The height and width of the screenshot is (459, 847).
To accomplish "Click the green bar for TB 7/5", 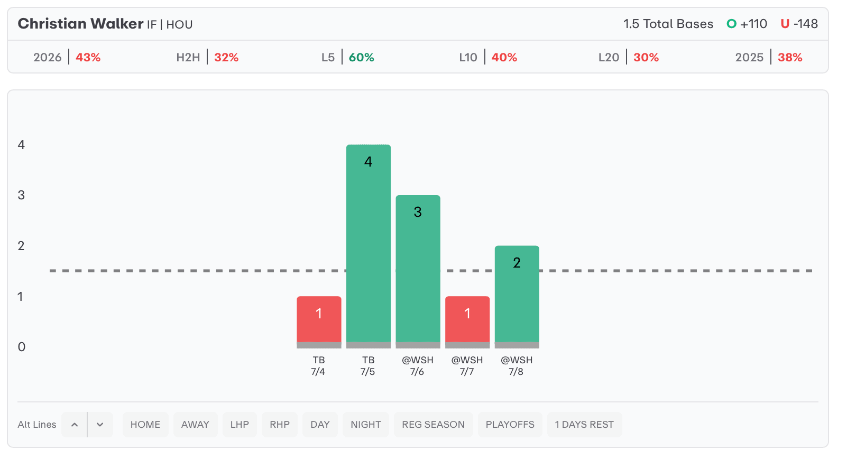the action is pyautogui.click(x=369, y=243).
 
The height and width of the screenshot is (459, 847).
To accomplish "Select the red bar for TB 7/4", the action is pyautogui.click(x=319, y=319).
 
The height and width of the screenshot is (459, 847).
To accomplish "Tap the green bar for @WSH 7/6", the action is pyautogui.click(x=418, y=269).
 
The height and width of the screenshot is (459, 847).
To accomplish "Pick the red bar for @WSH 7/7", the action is pyautogui.click(x=467, y=319).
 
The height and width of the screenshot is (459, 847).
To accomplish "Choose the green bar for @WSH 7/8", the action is pyautogui.click(x=517, y=294).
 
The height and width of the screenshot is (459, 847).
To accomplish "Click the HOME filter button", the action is pyautogui.click(x=145, y=425).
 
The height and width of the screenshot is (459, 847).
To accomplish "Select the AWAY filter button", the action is pyautogui.click(x=195, y=425).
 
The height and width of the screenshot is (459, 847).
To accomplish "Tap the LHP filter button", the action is pyautogui.click(x=240, y=425).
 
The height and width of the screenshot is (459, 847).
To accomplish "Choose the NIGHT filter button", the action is pyautogui.click(x=366, y=425).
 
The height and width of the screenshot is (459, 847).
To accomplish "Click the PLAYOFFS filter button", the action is pyautogui.click(x=510, y=425).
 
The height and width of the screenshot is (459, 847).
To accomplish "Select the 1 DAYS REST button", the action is pyautogui.click(x=584, y=425).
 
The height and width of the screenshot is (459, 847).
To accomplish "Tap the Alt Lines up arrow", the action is pyautogui.click(x=75, y=425).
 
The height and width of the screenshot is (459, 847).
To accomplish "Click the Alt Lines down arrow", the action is pyautogui.click(x=100, y=425).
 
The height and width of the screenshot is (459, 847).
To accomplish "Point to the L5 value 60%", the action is pyautogui.click(x=362, y=58).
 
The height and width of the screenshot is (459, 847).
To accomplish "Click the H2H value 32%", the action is pyautogui.click(x=226, y=58).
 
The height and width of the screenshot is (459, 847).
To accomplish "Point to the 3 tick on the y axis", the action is pyautogui.click(x=21, y=195).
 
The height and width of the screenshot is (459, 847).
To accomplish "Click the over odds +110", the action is pyautogui.click(x=753, y=24).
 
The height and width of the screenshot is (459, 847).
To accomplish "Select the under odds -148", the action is pyautogui.click(x=806, y=24).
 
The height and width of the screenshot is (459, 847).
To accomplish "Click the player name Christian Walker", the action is pyautogui.click(x=80, y=24).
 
